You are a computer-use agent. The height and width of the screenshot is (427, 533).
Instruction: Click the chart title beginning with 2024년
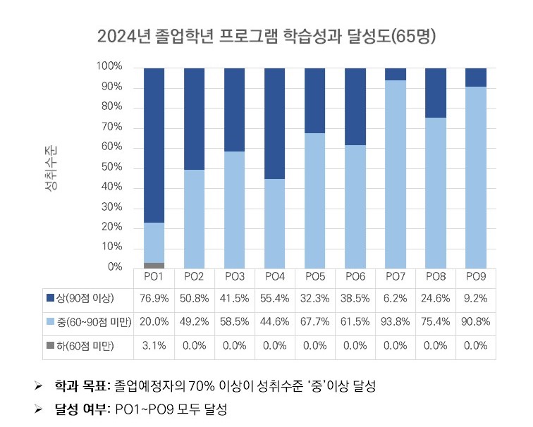click(x=266, y=36)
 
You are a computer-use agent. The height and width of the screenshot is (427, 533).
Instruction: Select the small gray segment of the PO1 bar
click(x=154, y=265)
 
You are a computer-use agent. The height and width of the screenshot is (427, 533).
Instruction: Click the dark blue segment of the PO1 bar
click(x=154, y=144)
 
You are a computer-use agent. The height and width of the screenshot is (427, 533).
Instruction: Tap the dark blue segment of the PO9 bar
click(x=476, y=77)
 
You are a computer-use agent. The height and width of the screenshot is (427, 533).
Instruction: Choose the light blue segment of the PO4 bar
click(x=275, y=223)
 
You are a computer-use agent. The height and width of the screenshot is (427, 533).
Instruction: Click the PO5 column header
click(x=315, y=276)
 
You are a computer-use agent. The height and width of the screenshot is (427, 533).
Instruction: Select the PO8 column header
click(x=436, y=276)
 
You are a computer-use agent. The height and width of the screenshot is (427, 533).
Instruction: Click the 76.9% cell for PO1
click(x=154, y=298)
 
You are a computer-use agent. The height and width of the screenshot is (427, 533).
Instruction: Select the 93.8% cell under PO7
click(x=396, y=322)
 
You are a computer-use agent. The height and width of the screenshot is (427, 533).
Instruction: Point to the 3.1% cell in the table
click(x=154, y=345)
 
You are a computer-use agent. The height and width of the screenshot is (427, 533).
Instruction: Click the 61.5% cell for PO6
click(x=355, y=322)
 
